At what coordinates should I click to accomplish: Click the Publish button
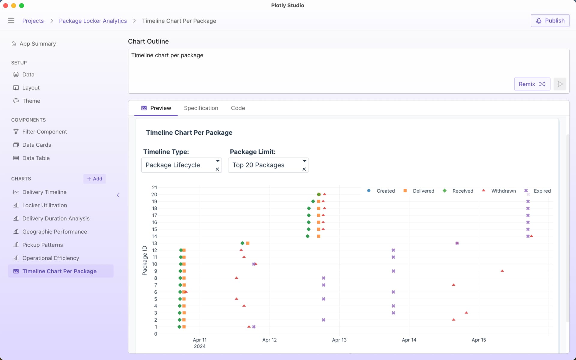[x=550, y=21]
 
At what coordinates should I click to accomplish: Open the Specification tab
[x=201, y=108]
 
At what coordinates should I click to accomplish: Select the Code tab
[x=238, y=108]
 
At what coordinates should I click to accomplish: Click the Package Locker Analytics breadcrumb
[x=93, y=21]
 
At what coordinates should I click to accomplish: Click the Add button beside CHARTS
[x=94, y=179]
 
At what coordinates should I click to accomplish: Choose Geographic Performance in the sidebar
[x=55, y=232]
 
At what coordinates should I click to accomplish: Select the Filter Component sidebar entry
[x=44, y=132]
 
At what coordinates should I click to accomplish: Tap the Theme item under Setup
[x=31, y=101]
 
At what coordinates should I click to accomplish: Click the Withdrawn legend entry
[x=503, y=191]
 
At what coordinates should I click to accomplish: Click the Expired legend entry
[x=542, y=191]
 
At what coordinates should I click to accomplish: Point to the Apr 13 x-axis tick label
[x=339, y=340]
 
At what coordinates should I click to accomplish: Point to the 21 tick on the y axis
[x=154, y=187]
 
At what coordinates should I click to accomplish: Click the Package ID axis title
[x=145, y=260]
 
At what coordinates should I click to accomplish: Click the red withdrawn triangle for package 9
[x=502, y=271]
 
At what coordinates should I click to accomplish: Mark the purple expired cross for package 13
[x=457, y=243]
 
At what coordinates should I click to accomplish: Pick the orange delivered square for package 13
[x=248, y=243]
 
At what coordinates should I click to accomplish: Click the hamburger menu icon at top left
[x=11, y=21]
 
